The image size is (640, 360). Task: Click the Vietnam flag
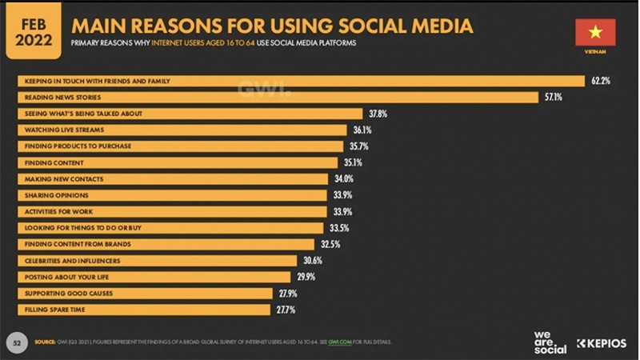pyautogui.click(x=595, y=33)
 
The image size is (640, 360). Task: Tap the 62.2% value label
pyautogui.click(x=602, y=81)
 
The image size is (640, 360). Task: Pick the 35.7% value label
pyautogui.click(x=358, y=146)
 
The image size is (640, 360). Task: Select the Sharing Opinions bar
pyautogui.click(x=173, y=195)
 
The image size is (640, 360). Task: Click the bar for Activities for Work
pyautogui.click(x=173, y=211)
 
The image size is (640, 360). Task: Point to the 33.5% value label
pyautogui.click(x=339, y=228)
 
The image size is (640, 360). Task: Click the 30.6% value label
pyautogui.click(x=313, y=261)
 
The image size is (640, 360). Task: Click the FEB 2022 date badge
pyautogui.click(x=33, y=30)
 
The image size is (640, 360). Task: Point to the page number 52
pyautogui.click(x=16, y=342)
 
